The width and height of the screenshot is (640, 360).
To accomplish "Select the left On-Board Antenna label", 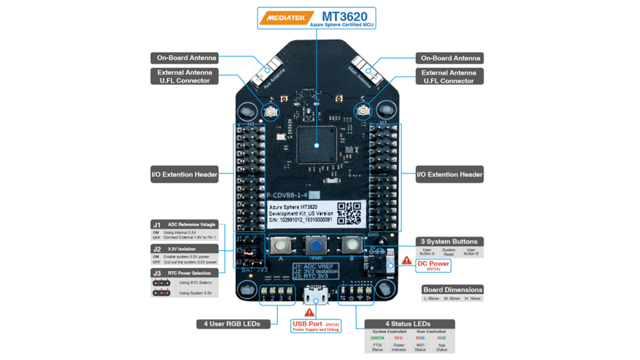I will [x=184, y=57].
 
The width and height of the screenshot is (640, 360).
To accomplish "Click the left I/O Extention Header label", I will [x=184, y=174].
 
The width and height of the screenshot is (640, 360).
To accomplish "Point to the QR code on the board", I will [x=349, y=213].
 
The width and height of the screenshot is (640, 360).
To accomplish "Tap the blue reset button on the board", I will [x=316, y=244].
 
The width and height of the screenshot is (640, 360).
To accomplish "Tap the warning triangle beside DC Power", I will [x=407, y=260].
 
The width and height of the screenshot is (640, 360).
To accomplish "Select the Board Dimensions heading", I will [x=453, y=289].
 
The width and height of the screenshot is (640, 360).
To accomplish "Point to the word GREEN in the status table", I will [x=377, y=338].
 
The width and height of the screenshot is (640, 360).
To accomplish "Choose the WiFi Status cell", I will [x=420, y=347].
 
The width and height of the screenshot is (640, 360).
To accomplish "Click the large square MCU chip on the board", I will [x=317, y=145].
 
